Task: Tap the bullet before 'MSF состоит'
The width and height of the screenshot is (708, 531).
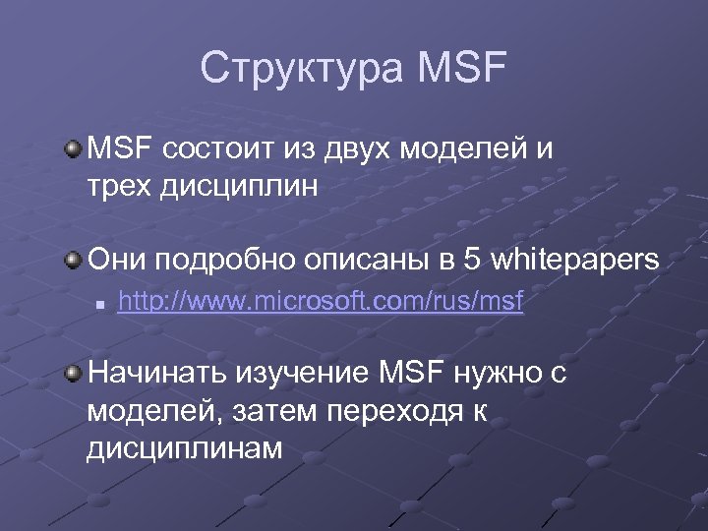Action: [x=73, y=148]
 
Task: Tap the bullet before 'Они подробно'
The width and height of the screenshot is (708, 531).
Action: [x=73, y=261]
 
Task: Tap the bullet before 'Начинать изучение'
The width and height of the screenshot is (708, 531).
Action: [x=73, y=373]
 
